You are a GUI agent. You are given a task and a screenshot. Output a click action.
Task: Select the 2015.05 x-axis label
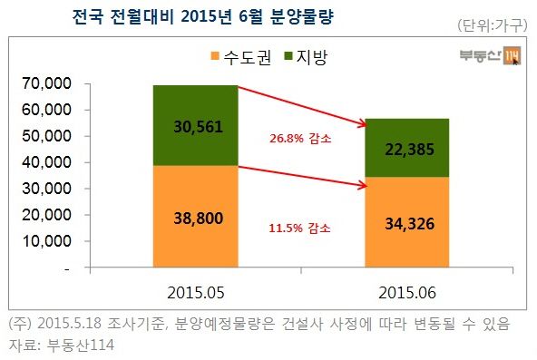pyautogui.click(x=196, y=294)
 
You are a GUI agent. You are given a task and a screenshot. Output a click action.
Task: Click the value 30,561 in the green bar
pyautogui.click(x=196, y=125)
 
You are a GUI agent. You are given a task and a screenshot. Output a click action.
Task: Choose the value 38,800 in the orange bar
pyautogui.click(x=196, y=219)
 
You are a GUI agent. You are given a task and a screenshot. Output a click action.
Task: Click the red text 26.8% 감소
pyautogui.click(x=301, y=140)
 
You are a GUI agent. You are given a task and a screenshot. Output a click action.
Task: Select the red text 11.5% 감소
pyautogui.click(x=301, y=228)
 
